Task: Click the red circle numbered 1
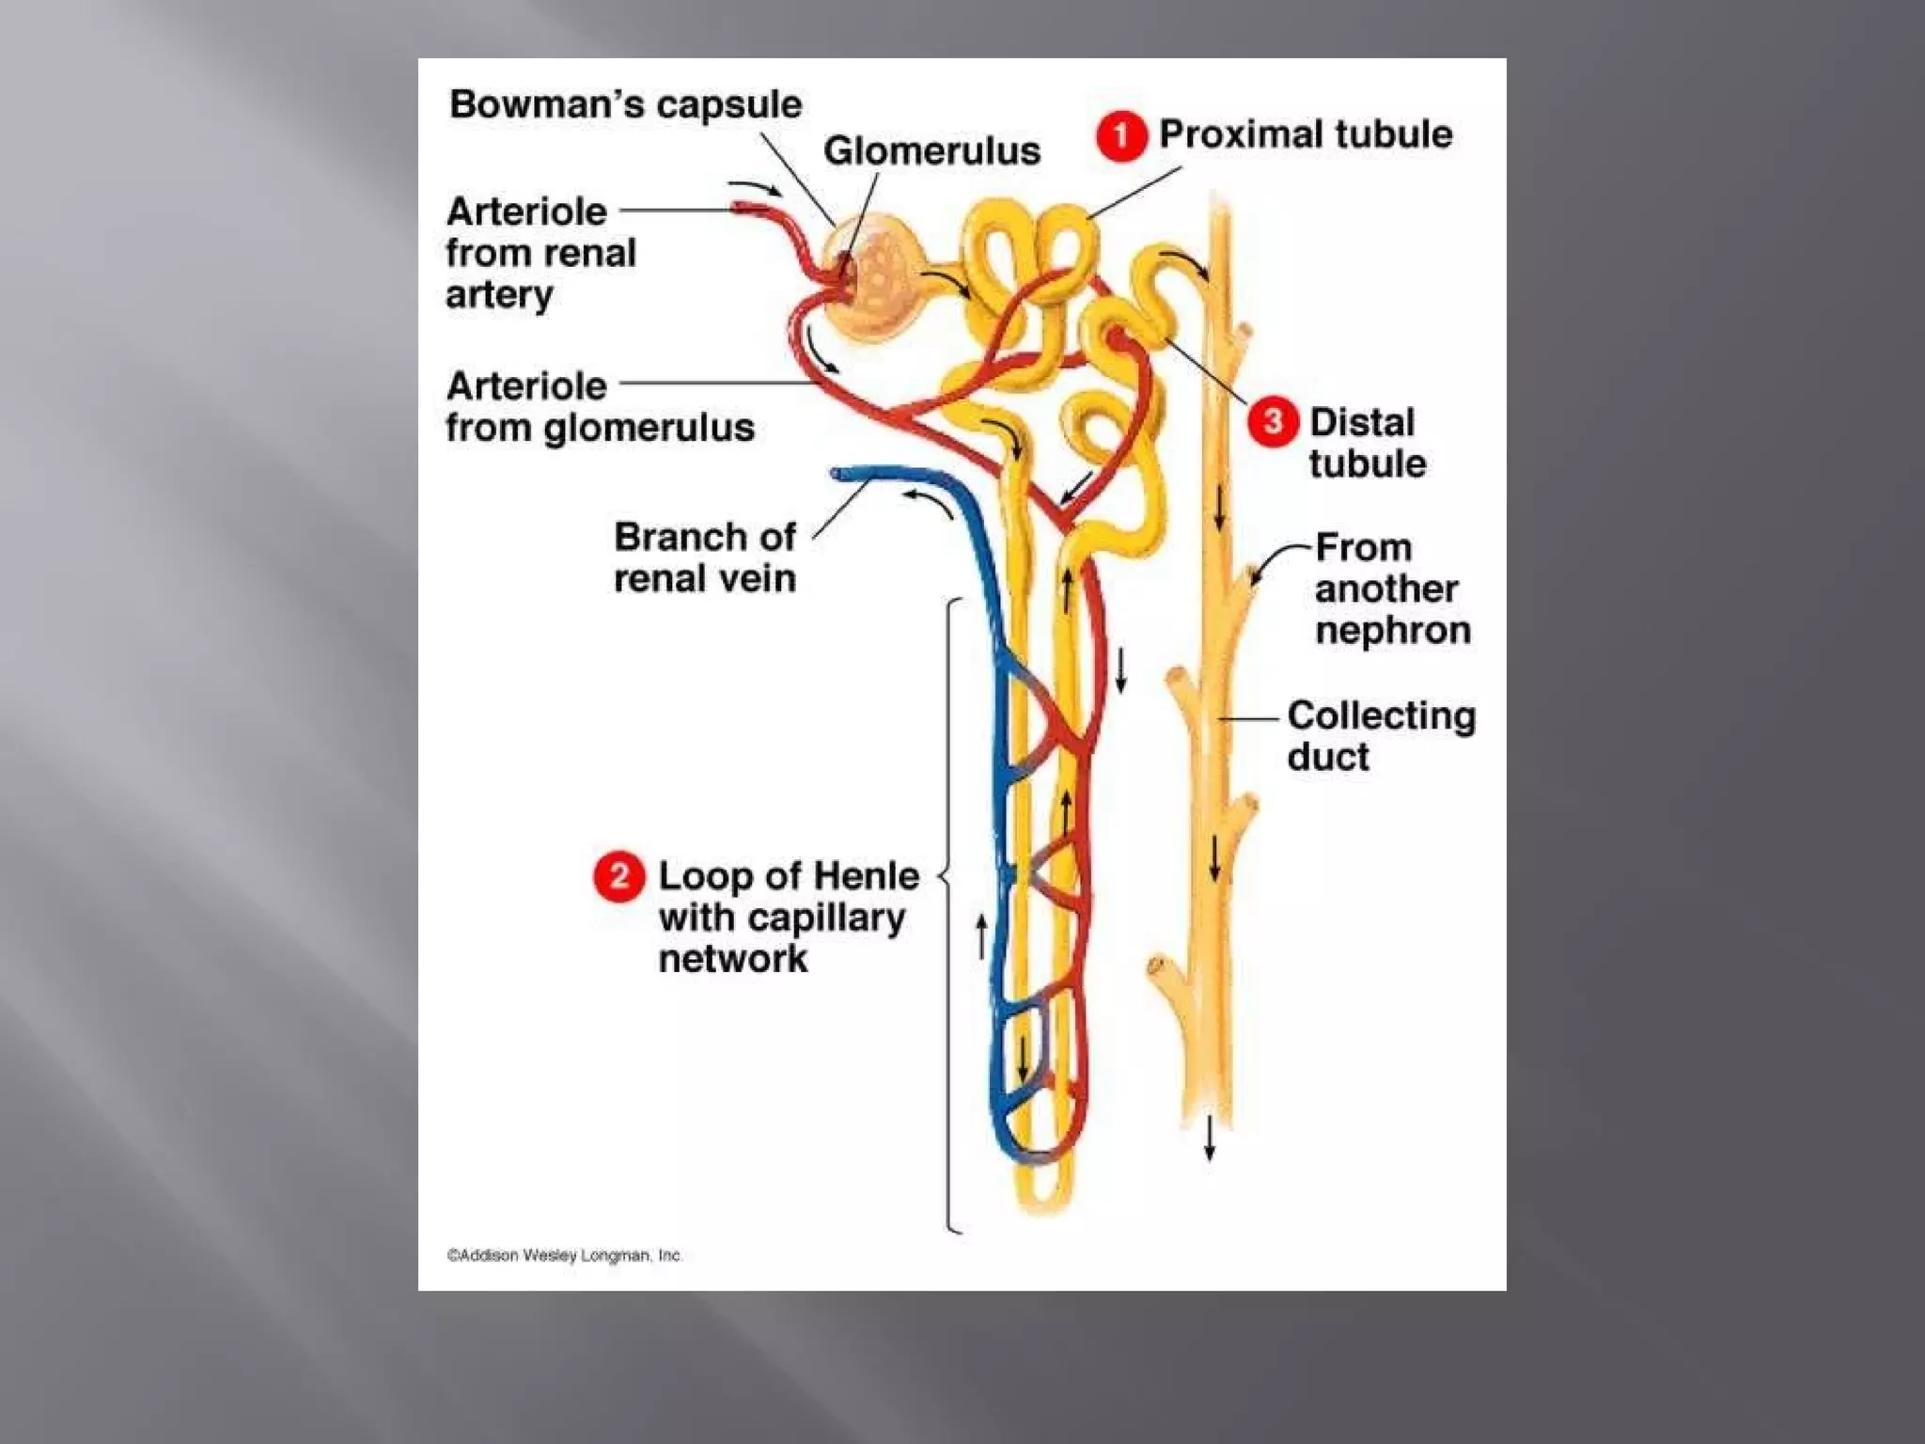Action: (1120, 137)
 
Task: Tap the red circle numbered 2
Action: (618, 876)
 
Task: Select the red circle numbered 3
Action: (1273, 422)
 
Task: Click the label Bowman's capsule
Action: (625, 104)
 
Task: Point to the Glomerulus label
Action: (931, 151)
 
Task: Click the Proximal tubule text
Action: (1305, 134)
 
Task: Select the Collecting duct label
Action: (1380, 735)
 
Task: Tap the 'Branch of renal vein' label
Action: (705, 557)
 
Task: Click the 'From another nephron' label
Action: (1392, 589)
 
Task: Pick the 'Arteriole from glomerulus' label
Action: (599, 406)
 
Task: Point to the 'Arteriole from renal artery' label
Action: (540, 252)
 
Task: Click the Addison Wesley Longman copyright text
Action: (564, 1255)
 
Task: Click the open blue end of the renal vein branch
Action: (839, 474)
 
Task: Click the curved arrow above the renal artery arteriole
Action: (755, 187)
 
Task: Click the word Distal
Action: (1361, 422)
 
